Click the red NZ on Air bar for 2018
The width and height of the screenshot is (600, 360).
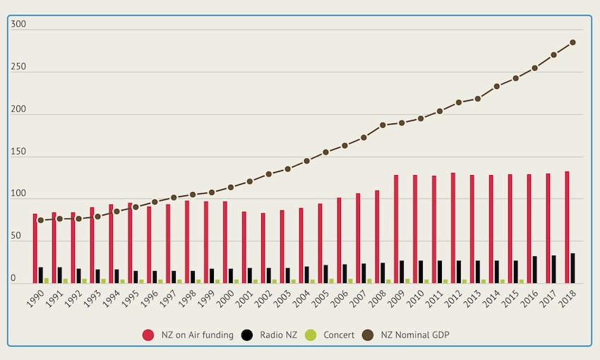point(567,227)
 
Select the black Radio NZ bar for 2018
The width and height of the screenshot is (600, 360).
point(572,268)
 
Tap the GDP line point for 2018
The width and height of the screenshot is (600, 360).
point(572,42)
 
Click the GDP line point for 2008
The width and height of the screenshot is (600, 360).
point(383,125)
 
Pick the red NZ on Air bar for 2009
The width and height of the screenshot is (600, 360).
point(396,229)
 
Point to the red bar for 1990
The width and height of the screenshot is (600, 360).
point(35,248)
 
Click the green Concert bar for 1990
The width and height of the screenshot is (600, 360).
point(47,280)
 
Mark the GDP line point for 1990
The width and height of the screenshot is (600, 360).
point(41,220)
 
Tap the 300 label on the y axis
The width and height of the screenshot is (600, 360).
point(18,24)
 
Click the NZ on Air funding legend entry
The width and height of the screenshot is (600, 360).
point(188,335)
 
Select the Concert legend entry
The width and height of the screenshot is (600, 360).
point(332,335)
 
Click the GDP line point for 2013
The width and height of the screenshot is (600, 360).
point(478,99)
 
